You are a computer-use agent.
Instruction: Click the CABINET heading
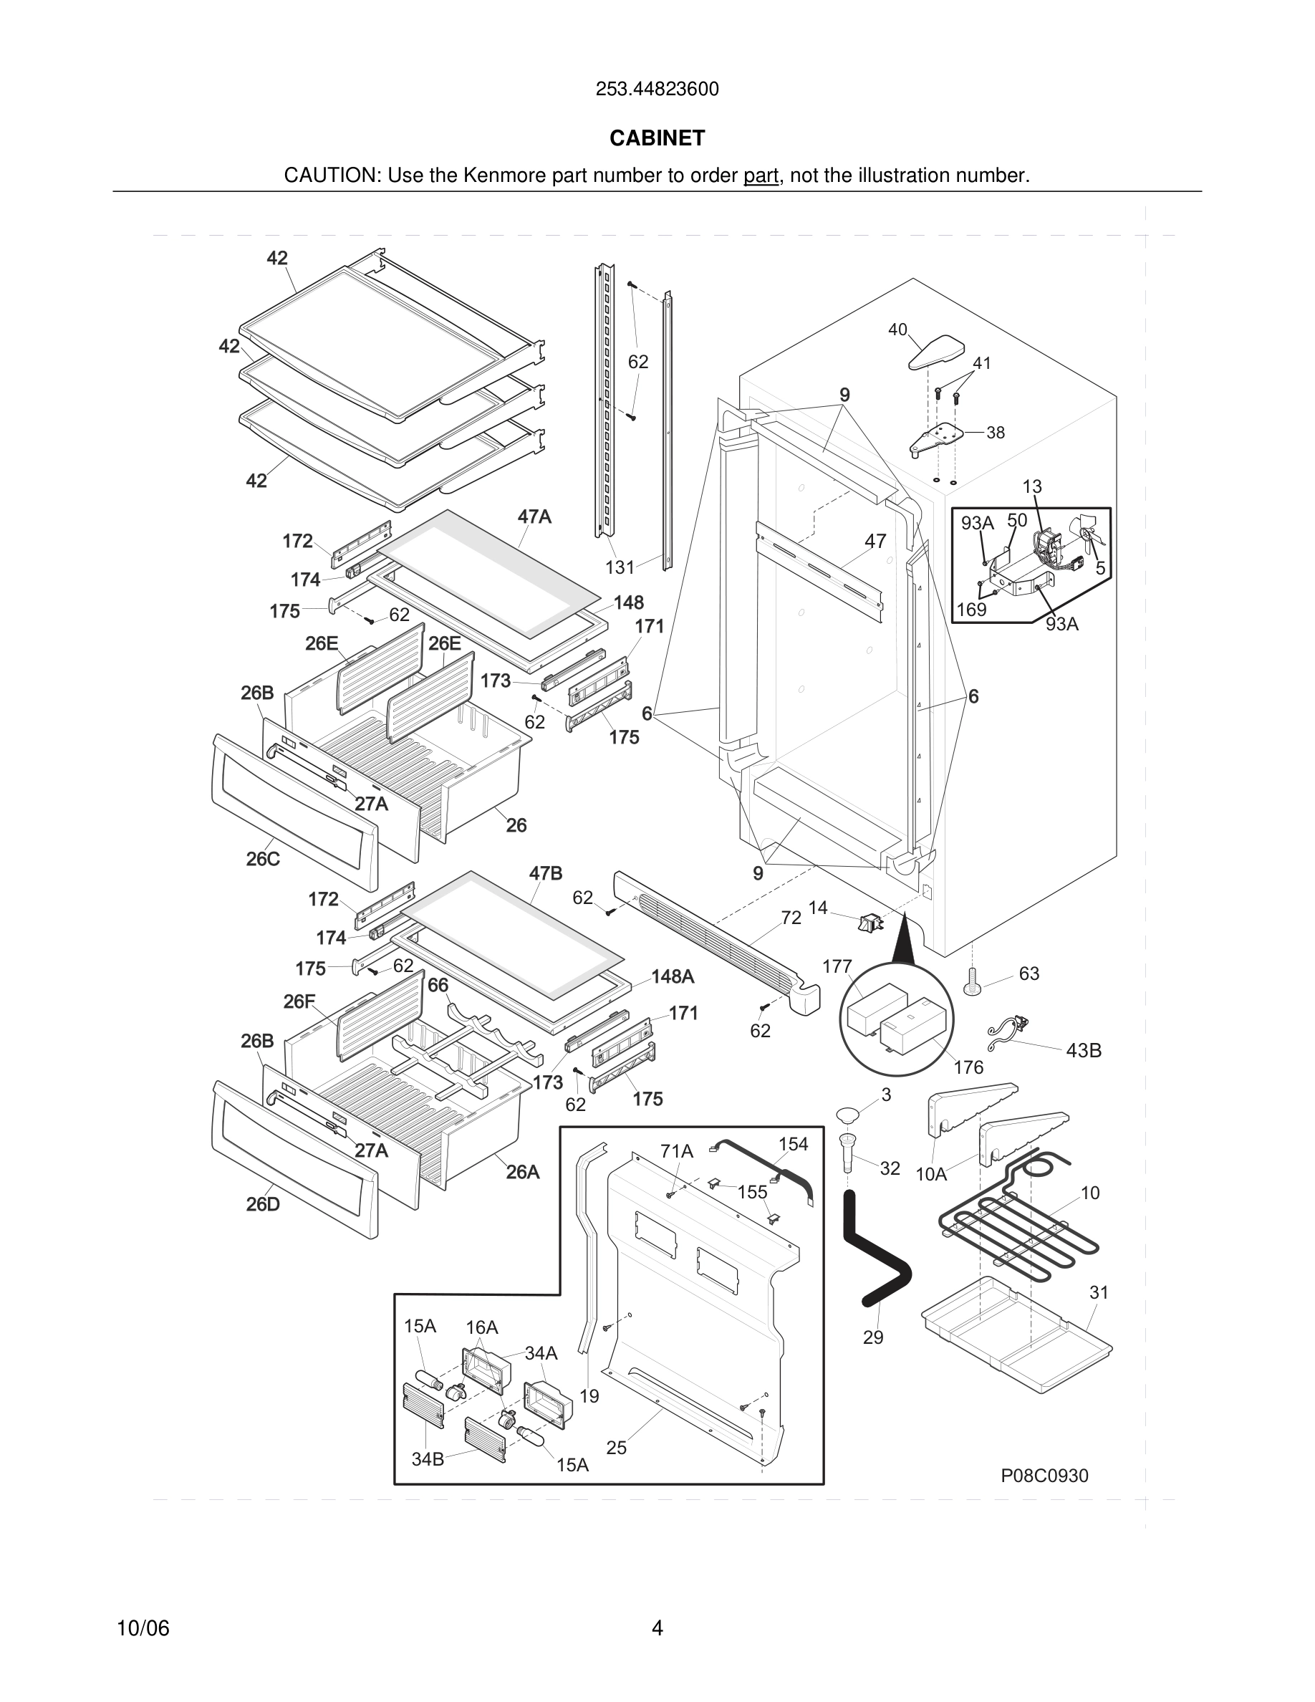(657, 138)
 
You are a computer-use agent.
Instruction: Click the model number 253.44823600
(657, 90)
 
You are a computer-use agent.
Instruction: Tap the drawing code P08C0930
(1044, 1475)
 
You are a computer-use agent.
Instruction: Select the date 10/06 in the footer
(143, 1628)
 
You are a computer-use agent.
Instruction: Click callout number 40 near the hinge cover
(897, 330)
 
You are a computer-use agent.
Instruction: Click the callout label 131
(620, 567)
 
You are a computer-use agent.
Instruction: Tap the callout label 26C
(263, 859)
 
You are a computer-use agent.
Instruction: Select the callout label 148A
(673, 976)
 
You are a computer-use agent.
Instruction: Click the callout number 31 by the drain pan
(1099, 1292)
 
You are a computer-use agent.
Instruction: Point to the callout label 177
(837, 966)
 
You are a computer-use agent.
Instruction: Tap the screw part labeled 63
(972, 981)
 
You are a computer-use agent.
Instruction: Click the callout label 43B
(1084, 1051)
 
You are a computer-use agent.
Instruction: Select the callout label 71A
(676, 1151)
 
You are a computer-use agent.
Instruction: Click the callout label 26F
(299, 1001)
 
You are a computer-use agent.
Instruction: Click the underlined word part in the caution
(761, 176)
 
